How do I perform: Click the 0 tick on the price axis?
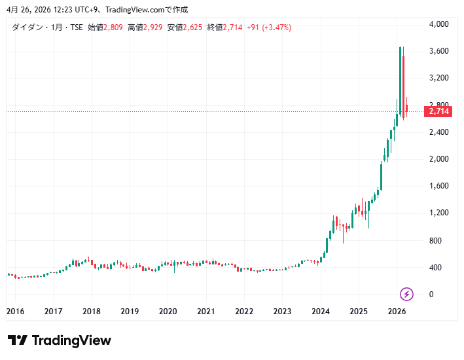(x=431, y=295)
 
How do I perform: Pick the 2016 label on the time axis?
(x=16, y=312)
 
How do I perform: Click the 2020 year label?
(x=168, y=312)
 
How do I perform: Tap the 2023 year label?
(x=282, y=312)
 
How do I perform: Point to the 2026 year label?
(x=397, y=312)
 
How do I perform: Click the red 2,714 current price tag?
(x=438, y=111)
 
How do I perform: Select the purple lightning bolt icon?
(x=406, y=293)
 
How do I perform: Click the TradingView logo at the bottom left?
(x=60, y=340)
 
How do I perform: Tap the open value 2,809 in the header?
(x=114, y=27)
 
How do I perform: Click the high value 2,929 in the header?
(x=154, y=27)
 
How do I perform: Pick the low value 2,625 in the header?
(x=194, y=27)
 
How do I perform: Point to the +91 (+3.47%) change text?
(x=269, y=27)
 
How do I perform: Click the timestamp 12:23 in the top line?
(x=42, y=9)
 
